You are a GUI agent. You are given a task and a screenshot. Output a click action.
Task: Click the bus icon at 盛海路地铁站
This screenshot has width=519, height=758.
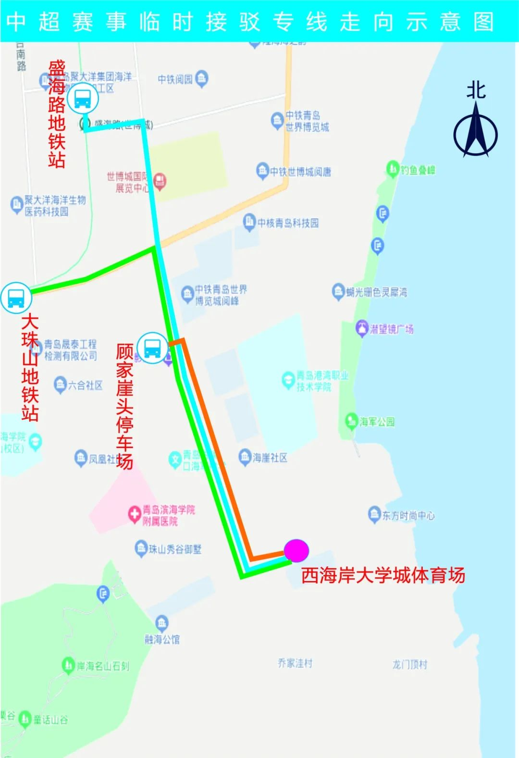click(x=83, y=99)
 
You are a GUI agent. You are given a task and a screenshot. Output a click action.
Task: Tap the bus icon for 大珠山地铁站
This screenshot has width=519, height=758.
click(x=16, y=298)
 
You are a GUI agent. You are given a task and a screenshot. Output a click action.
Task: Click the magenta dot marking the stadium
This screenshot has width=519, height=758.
click(x=297, y=551)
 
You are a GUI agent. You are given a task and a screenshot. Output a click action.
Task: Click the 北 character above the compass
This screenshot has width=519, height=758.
click(x=476, y=90)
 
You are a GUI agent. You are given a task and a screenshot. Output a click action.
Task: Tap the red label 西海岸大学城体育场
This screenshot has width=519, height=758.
click(x=383, y=575)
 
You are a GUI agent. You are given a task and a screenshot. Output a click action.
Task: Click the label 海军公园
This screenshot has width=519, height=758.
click(x=377, y=422)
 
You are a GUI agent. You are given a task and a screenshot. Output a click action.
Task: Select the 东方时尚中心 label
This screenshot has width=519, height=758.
click(x=408, y=516)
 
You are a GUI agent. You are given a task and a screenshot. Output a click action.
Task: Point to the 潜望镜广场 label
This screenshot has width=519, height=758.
click(x=391, y=329)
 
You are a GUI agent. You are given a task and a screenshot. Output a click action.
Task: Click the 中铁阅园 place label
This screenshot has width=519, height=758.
click(x=175, y=79)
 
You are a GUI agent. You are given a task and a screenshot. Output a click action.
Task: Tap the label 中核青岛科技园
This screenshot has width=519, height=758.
click(x=288, y=223)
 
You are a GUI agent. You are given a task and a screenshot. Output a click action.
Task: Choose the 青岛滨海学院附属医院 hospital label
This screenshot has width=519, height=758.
click(x=168, y=515)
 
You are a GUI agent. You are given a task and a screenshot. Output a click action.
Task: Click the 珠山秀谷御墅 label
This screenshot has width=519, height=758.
click(x=175, y=549)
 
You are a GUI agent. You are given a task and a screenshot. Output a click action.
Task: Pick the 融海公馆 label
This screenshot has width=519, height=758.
click(x=162, y=639)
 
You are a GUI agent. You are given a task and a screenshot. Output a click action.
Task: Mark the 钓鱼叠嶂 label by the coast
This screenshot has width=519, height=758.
click(x=418, y=170)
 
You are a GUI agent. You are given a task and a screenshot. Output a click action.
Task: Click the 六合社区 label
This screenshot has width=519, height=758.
click(x=85, y=385)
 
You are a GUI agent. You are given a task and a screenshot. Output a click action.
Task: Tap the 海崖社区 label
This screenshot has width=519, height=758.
click(x=270, y=458)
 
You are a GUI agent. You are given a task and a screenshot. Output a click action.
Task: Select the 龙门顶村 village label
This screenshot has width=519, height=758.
click(x=409, y=664)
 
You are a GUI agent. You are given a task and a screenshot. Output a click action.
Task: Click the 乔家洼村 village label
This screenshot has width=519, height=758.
click(x=295, y=663)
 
